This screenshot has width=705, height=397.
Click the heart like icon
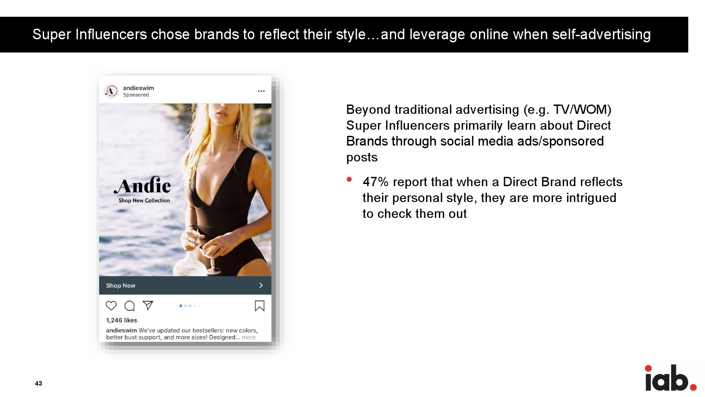(x=111, y=306)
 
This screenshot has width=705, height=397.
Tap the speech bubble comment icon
(x=130, y=306)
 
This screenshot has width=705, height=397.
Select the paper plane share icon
(x=148, y=305)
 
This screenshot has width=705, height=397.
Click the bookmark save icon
(x=260, y=306)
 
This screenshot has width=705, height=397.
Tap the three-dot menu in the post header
(x=261, y=91)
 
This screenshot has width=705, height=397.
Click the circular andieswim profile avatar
(x=111, y=91)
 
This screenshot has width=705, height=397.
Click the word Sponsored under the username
(x=136, y=95)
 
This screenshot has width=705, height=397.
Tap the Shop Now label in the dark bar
(x=121, y=285)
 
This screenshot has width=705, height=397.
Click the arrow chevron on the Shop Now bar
(x=261, y=285)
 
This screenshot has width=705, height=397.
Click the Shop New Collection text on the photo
(x=144, y=200)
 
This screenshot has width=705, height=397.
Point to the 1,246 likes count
(x=122, y=320)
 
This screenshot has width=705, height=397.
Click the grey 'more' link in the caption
(x=249, y=337)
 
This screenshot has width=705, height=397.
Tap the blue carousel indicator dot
(x=181, y=306)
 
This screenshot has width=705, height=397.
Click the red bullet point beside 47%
(x=349, y=180)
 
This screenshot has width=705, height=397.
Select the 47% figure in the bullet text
(x=375, y=182)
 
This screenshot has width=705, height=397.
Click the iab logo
(x=670, y=378)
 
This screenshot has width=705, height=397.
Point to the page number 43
(x=38, y=383)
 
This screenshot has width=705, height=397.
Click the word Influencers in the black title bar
(x=111, y=34)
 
